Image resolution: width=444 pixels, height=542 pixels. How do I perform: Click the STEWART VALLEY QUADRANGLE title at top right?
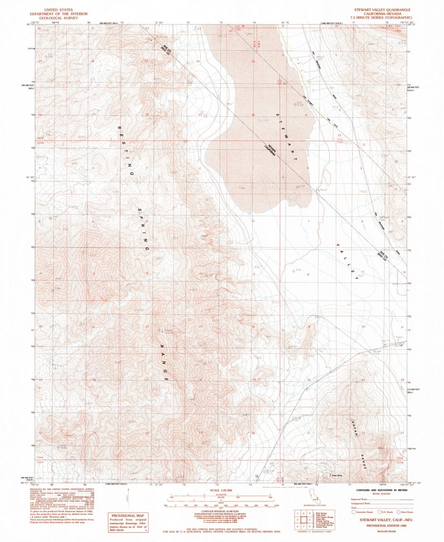click(x=382, y=10)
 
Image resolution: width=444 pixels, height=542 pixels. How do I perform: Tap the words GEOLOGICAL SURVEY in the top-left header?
click(x=58, y=18)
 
